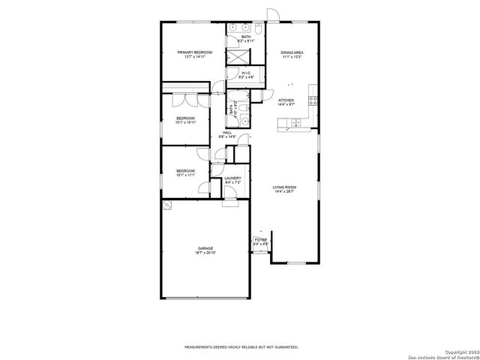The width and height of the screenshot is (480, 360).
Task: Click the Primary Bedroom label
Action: tap(195, 52)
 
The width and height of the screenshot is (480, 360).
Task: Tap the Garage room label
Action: tap(206, 248)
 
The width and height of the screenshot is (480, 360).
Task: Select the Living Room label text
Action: tap(284, 187)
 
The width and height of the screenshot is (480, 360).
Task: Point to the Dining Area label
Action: tap(292, 52)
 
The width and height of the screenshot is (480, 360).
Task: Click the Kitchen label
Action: tap(286, 100)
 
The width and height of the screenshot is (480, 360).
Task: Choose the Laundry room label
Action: tap(232, 178)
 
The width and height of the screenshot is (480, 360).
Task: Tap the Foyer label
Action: tap(260, 240)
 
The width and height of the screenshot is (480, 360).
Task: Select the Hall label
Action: tap(226, 133)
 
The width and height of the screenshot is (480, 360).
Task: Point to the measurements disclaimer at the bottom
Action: tap(241, 347)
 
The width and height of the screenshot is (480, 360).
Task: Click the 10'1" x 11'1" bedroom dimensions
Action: tap(185, 175)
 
